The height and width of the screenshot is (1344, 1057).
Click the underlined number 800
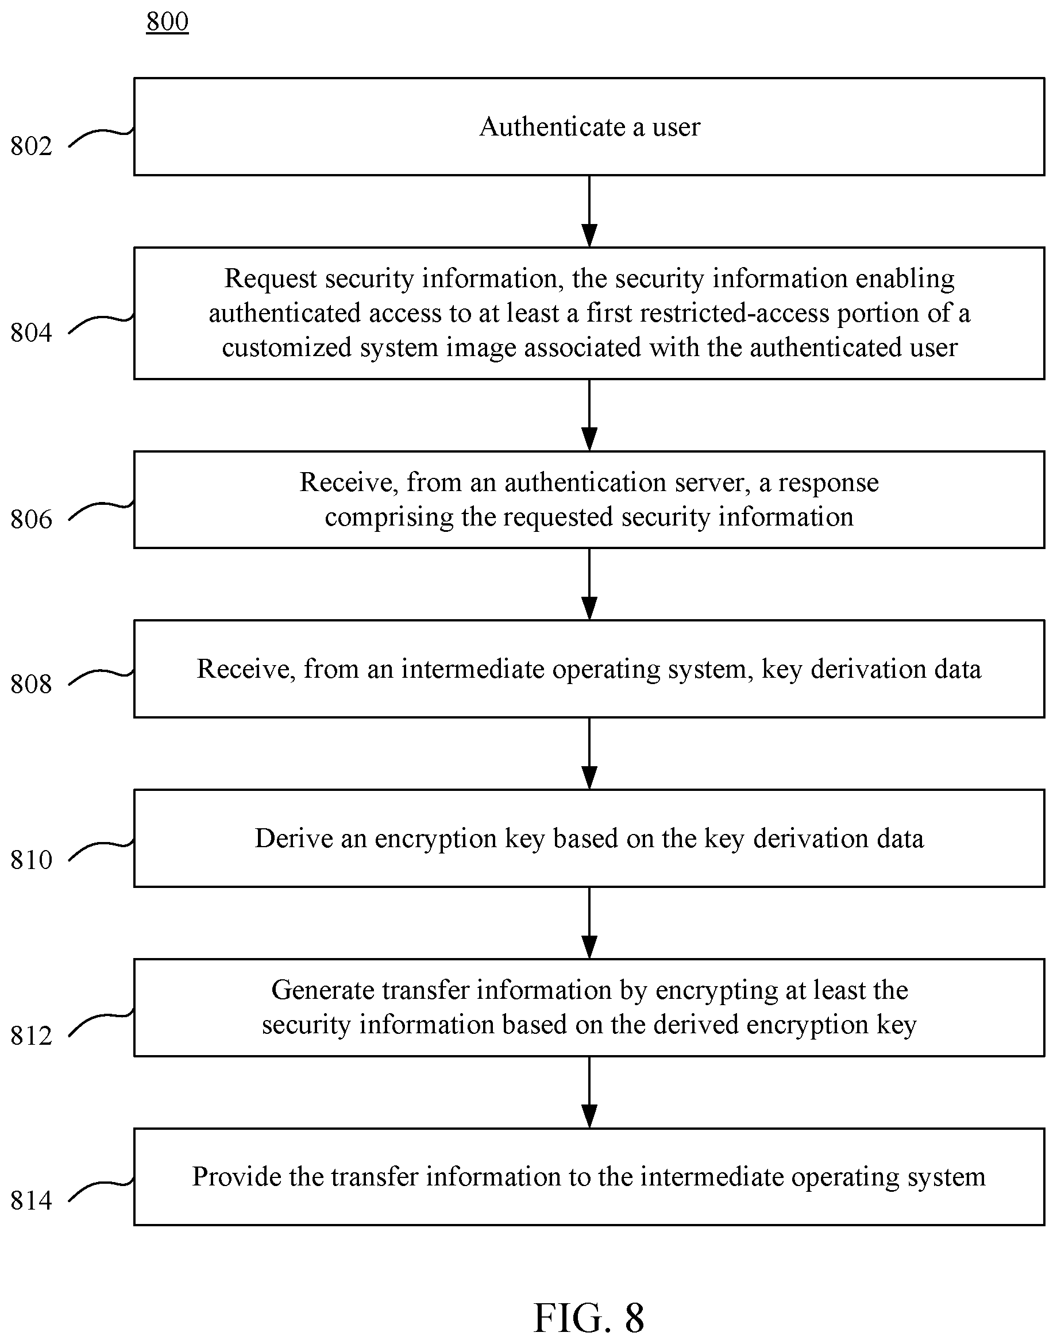[167, 22]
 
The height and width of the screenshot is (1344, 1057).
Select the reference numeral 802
[31, 146]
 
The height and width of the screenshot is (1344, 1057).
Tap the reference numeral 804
[31, 333]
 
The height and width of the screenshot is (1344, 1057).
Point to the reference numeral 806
[31, 519]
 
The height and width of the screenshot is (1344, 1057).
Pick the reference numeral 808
[31, 683]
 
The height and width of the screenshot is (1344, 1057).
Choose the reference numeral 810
[31, 859]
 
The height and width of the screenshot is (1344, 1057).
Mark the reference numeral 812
[31, 1035]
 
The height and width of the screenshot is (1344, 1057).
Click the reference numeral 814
[31, 1200]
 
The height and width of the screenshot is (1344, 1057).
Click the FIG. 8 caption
[589, 1318]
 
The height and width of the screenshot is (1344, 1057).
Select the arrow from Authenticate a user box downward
[589, 211]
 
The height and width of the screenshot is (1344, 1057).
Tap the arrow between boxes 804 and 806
[589, 415]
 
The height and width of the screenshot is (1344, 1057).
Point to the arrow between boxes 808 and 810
[589, 754]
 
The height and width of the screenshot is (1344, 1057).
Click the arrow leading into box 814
[589, 1092]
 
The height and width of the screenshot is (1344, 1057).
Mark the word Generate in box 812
[322, 990]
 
